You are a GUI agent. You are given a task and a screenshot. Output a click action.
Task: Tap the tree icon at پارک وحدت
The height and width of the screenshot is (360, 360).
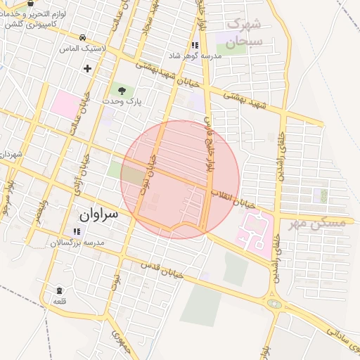123,90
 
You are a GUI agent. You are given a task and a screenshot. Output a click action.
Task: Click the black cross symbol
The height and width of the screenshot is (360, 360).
87,68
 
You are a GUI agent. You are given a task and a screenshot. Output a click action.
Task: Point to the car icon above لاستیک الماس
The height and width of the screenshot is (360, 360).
83,37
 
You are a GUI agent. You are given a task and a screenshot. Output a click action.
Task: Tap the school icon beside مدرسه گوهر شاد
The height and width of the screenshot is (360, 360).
194,45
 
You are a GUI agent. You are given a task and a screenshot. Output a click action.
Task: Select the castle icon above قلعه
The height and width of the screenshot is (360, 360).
59,290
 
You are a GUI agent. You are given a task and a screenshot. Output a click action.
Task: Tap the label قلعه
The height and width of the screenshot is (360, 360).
59,301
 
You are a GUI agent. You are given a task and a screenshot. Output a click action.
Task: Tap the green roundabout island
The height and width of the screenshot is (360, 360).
274,304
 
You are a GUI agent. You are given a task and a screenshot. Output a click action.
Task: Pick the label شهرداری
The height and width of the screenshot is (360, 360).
11,153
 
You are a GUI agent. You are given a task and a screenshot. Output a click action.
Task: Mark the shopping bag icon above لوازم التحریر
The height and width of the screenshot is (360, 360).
30,4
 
